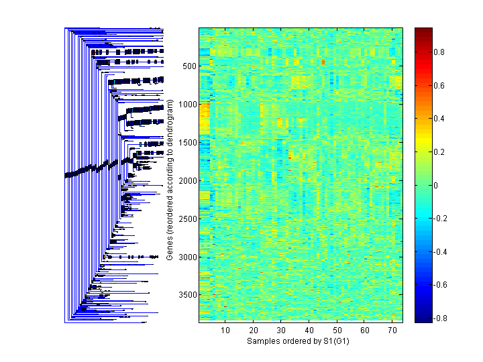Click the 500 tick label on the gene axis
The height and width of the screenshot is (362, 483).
coord(189,66)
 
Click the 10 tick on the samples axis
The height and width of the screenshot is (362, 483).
coord(225,330)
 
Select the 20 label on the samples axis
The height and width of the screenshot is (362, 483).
coord(254,330)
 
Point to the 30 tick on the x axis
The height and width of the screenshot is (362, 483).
coord(281,330)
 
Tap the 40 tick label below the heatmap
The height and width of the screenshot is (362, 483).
coord(309,330)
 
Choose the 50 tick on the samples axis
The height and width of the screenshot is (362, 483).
coord(337,330)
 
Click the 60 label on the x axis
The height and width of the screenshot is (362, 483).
coord(364,330)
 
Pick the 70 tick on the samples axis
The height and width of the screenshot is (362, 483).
coord(392,330)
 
